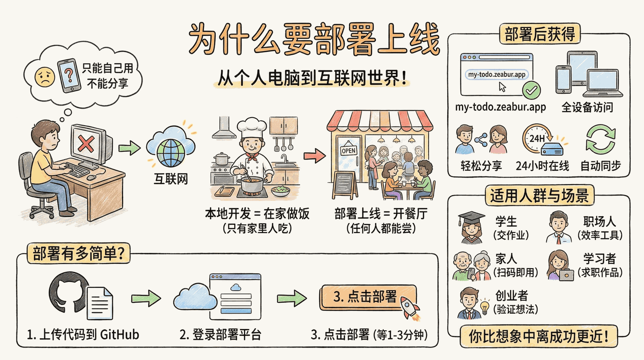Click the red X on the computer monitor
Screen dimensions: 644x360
pos(86,143)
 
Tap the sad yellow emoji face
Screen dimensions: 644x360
pos(45,77)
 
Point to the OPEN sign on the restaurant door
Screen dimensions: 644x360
pos(349,150)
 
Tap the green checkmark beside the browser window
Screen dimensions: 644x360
pos(531,91)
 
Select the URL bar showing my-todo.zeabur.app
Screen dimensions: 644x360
pos(497,74)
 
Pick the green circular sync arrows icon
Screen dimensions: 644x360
pos(601,139)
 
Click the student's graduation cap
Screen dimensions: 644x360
pos(471,219)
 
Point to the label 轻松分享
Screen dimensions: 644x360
pos(481,166)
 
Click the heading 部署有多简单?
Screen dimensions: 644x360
pos(78,253)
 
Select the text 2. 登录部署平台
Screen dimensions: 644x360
pos(220,335)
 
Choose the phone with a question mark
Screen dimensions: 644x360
pos(69,76)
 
